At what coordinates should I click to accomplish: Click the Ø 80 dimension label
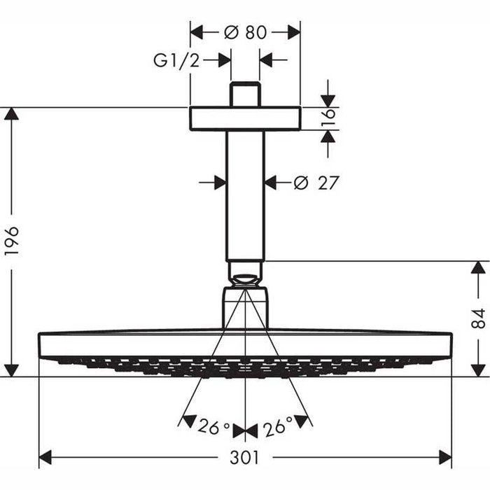click(x=245, y=32)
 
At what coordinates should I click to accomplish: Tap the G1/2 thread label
click(x=176, y=60)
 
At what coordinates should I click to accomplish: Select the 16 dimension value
click(x=328, y=118)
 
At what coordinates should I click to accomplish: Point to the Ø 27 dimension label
click(x=316, y=183)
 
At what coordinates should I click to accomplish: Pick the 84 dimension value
click(x=478, y=318)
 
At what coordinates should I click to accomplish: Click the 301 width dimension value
click(x=245, y=458)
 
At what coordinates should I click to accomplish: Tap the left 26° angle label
click(x=213, y=426)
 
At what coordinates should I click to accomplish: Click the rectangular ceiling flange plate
click(x=245, y=119)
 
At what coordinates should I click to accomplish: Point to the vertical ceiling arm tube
click(x=245, y=196)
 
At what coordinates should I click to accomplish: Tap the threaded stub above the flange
click(x=245, y=95)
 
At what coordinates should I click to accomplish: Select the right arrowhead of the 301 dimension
click(x=445, y=458)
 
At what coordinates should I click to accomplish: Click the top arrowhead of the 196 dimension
click(x=11, y=113)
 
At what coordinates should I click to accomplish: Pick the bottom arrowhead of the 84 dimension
click(x=478, y=370)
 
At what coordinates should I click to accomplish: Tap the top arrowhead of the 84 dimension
click(x=478, y=267)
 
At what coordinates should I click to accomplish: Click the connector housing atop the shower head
click(x=245, y=307)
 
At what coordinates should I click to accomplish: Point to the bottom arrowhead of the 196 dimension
click(x=11, y=370)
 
